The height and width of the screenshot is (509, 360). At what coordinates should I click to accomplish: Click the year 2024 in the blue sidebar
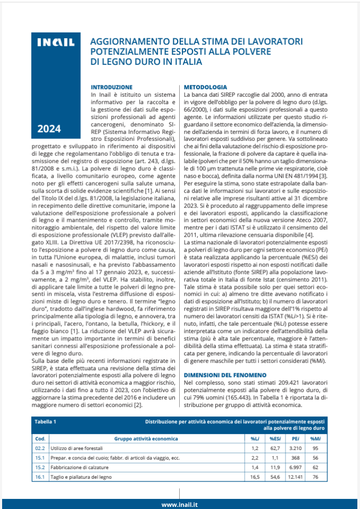click(x=49, y=128)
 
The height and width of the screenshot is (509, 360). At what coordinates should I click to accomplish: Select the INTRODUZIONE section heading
click(x=111, y=87)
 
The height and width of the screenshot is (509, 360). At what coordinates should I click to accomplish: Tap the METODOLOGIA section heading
click(x=205, y=87)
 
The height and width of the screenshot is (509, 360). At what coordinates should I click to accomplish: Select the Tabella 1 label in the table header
click(x=45, y=422)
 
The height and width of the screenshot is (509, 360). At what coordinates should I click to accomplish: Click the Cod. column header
click(x=39, y=439)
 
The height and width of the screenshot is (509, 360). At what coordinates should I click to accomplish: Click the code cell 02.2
click(x=39, y=449)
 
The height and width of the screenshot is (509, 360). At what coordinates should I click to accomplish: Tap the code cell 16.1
click(x=39, y=477)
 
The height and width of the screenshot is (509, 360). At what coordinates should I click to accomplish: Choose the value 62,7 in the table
click(x=275, y=449)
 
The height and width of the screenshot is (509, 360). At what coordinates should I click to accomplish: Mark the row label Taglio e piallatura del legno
click(x=81, y=477)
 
